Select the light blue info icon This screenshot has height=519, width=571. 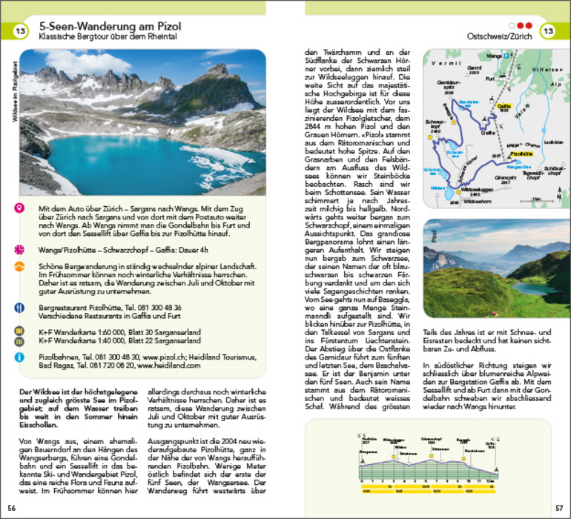[x=19, y=358]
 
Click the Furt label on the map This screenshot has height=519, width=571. [x=489, y=77]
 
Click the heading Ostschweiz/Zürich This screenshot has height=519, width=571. [x=499, y=35]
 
